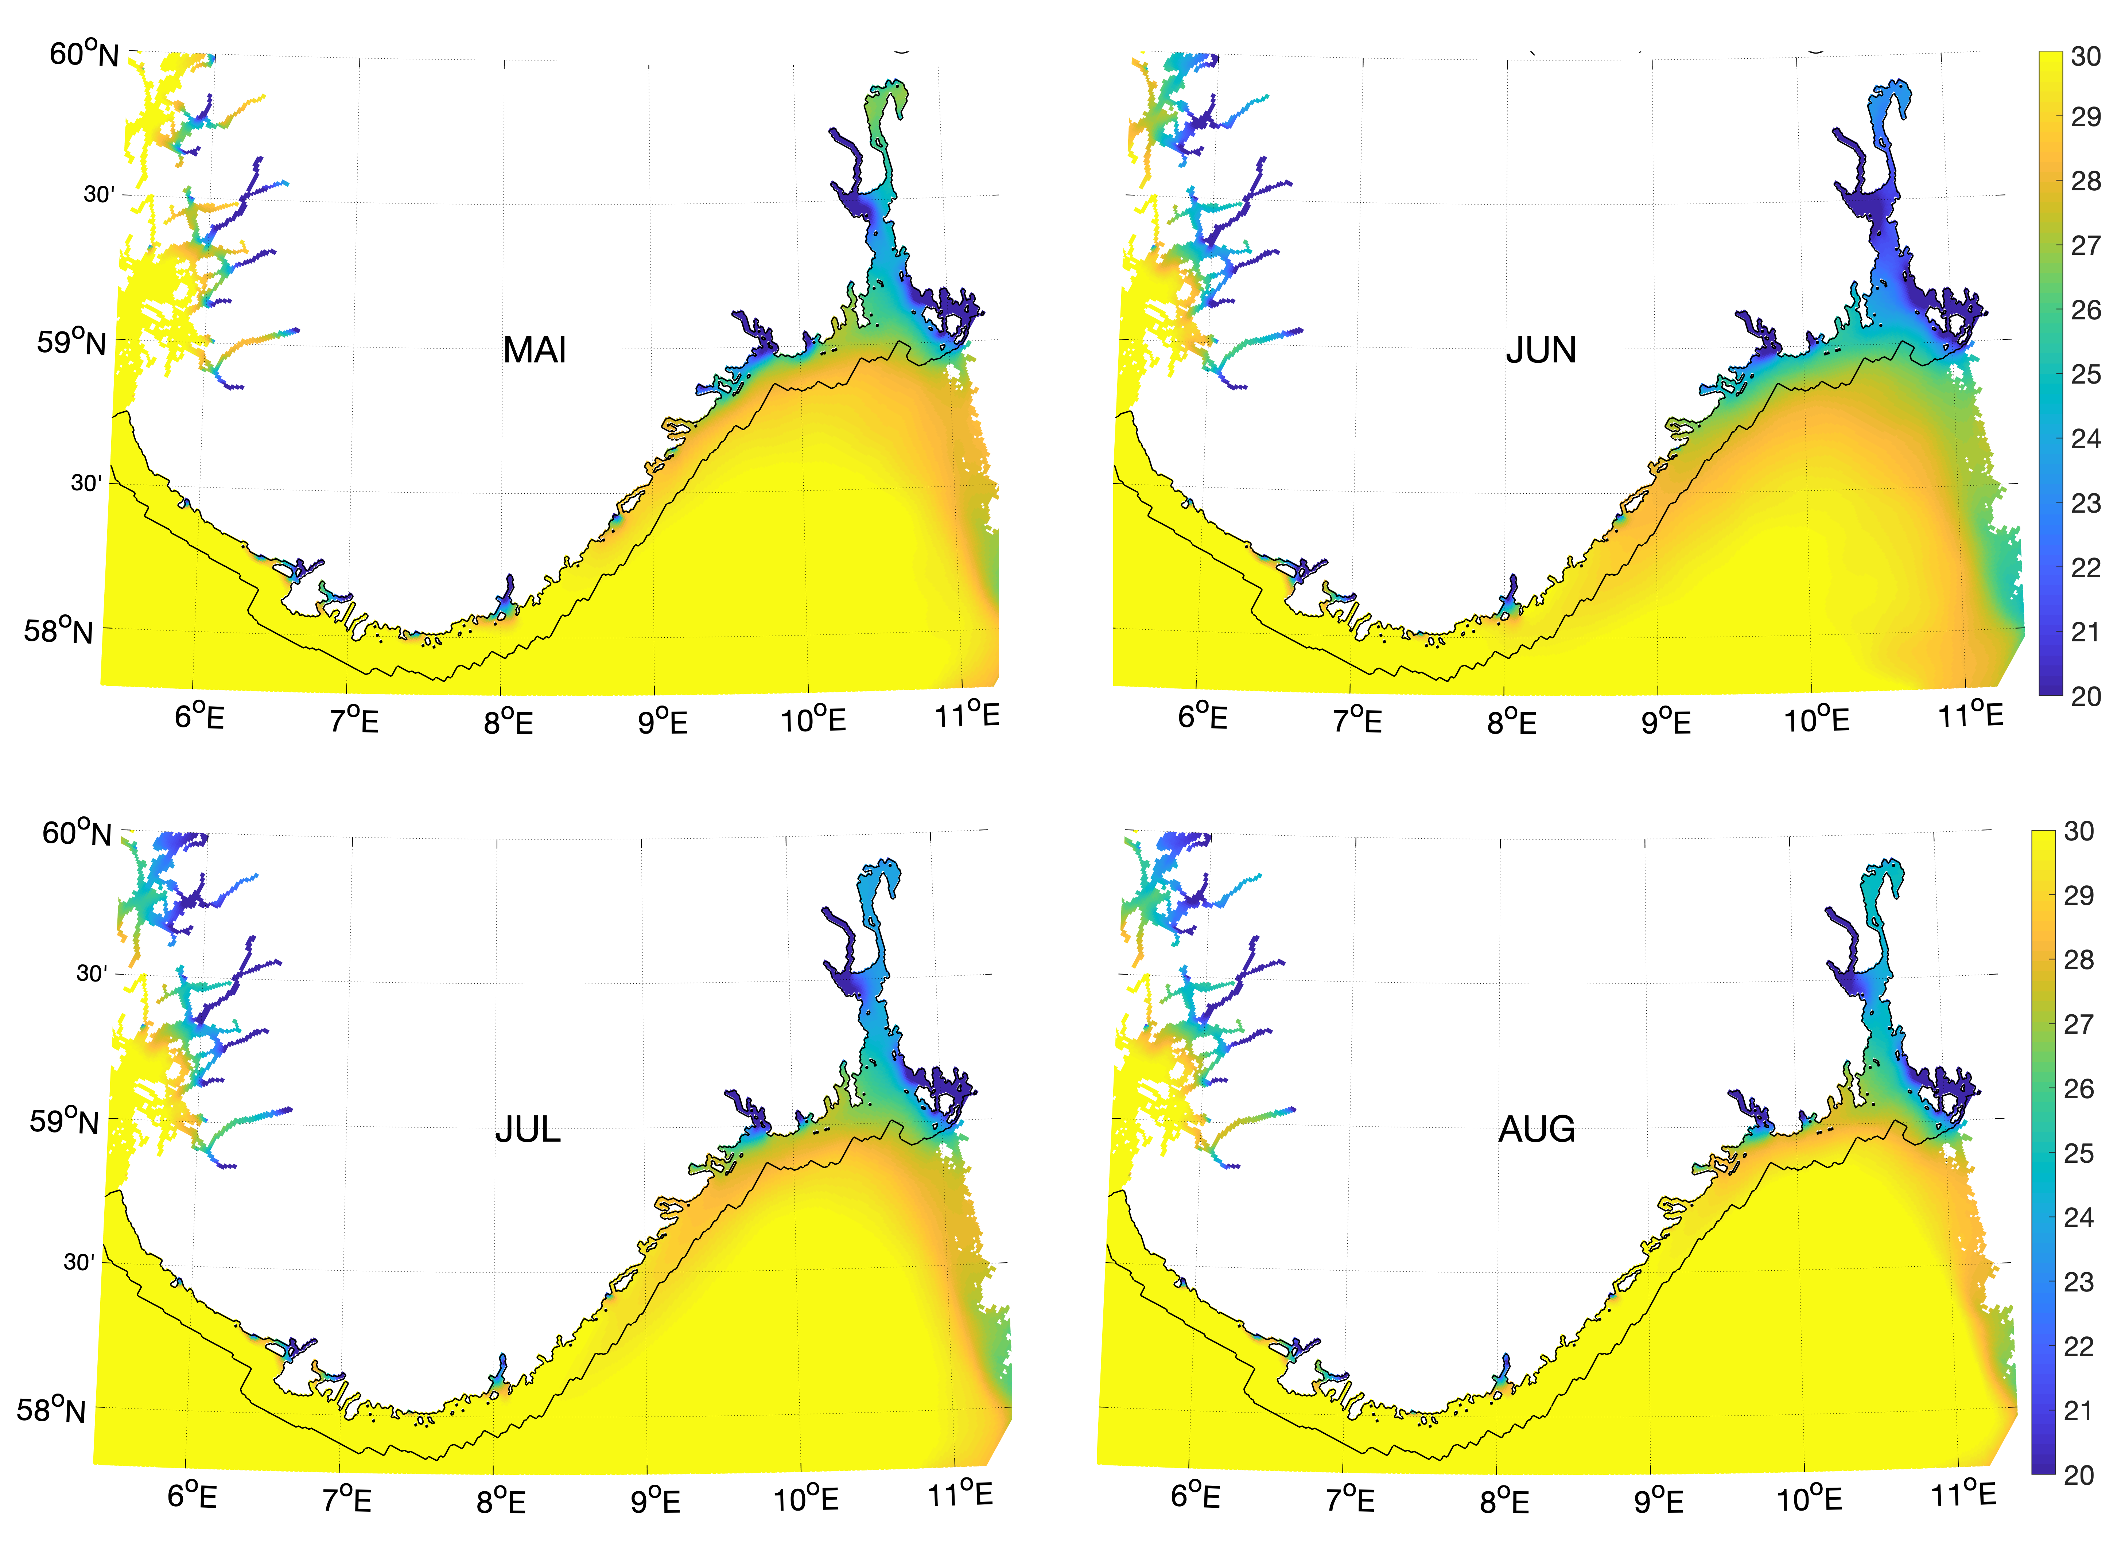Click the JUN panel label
click(x=1540, y=351)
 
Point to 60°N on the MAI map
click(x=84, y=54)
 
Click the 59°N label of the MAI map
click(x=71, y=341)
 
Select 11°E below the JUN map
click(x=1970, y=716)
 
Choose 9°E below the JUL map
click(x=656, y=1500)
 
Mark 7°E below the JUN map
click(x=1357, y=722)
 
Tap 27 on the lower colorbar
click(x=2079, y=1024)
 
